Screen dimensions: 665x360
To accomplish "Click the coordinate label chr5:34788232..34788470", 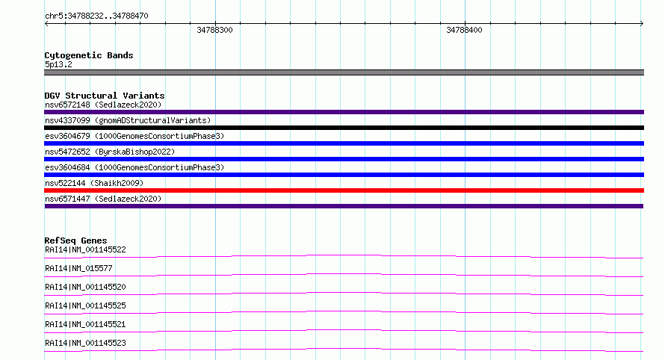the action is (96, 16).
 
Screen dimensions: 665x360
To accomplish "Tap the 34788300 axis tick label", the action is (214, 30).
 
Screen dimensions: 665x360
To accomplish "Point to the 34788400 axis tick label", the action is (464, 30).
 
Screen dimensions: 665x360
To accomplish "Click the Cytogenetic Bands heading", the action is (89, 55).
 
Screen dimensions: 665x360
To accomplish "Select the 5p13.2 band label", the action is (58, 64).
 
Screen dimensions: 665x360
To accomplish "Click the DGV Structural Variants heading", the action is (105, 96).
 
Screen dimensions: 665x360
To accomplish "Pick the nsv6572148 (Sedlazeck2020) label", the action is (103, 105).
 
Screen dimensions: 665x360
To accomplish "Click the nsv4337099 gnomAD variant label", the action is (128, 120).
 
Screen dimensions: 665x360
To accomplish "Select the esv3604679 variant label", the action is (134, 136).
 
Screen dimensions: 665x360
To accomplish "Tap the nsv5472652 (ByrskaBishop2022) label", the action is (110, 152).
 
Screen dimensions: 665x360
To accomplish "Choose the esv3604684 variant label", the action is (134, 167).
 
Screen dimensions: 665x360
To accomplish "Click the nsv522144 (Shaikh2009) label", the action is (94, 183).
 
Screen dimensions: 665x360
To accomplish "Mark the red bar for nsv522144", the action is (344, 190).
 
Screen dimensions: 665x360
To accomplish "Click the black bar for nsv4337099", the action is (344, 128).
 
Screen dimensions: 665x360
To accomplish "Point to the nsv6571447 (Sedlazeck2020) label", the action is (103, 199).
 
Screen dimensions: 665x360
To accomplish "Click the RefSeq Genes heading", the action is (75, 240).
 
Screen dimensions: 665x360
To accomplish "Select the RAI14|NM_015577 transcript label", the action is (78, 268).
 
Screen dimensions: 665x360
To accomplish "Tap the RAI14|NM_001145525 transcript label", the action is (85, 305).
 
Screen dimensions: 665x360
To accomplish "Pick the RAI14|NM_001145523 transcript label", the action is (85, 343).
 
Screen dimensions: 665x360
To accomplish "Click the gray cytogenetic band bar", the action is (344, 72).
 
